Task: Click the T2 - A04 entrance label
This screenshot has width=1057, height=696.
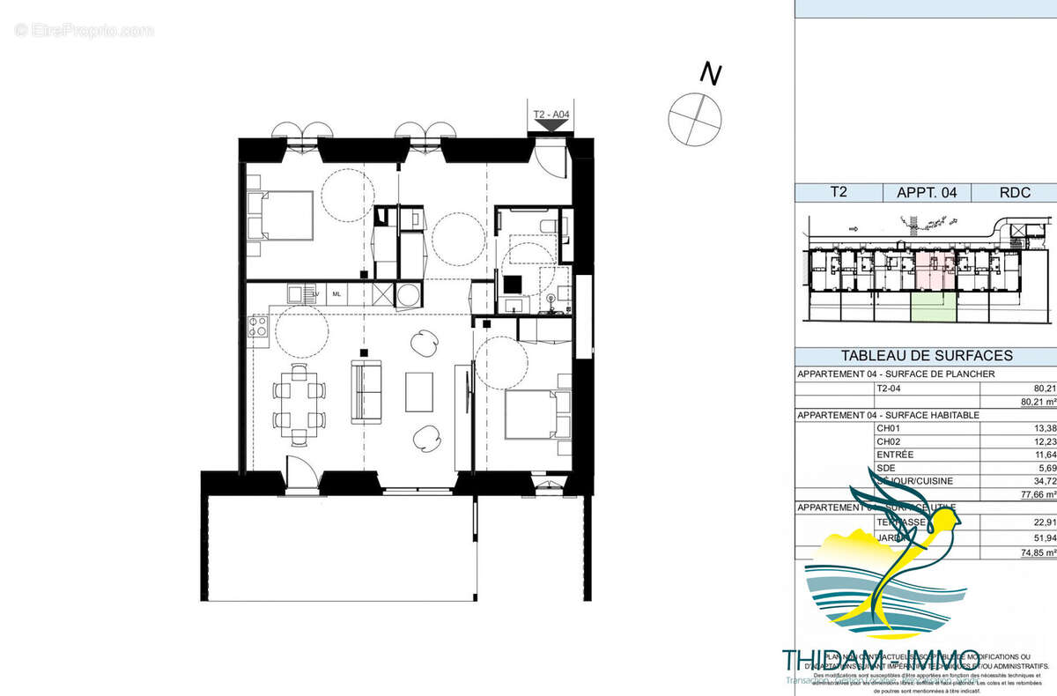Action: click(552, 115)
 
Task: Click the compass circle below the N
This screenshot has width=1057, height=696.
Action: click(695, 119)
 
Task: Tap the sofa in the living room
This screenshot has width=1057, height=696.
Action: click(367, 390)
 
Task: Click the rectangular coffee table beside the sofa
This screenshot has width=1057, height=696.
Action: click(419, 391)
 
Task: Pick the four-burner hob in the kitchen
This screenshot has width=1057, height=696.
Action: click(258, 328)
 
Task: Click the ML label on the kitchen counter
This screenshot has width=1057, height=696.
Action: click(336, 294)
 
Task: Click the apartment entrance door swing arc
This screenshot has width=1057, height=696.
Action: click(551, 159)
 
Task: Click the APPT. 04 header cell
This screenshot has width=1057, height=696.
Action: click(927, 193)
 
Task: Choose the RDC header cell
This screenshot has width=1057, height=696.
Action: click(1016, 193)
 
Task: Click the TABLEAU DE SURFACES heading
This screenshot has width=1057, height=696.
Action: click(927, 357)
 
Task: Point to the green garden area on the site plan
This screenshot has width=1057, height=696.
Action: click(933, 307)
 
